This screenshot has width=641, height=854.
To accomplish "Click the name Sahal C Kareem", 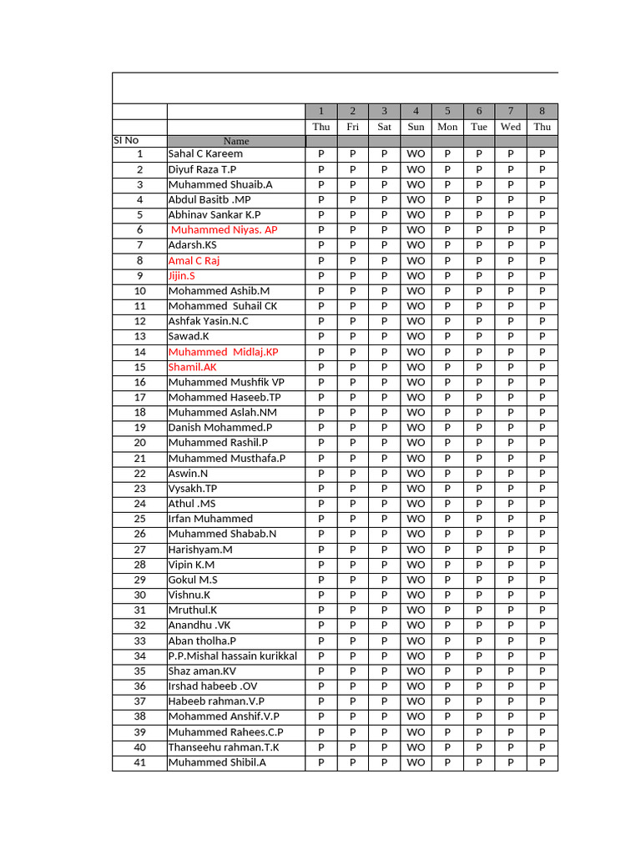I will [x=205, y=154].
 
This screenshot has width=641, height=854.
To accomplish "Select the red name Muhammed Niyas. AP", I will [x=224, y=230].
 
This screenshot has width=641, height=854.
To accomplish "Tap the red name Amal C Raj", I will [x=194, y=261].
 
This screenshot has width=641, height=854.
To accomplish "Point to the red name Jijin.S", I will [x=182, y=276].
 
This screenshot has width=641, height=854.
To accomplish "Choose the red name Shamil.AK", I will [x=192, y=367].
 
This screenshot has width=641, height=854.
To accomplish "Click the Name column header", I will [x=236, y=141].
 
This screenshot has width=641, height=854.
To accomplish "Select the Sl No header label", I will [x=127, y=140].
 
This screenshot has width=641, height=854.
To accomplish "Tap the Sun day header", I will [x=416, y=127].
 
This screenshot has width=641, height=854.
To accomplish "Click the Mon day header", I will [x=447, y=127].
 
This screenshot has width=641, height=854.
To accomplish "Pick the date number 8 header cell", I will [x=542, y=111].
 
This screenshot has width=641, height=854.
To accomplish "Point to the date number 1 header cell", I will [x=321, y=111].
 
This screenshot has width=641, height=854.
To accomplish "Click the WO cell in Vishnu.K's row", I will [x=416, y=595].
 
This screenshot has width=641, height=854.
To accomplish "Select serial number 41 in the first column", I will [x=139, y=762].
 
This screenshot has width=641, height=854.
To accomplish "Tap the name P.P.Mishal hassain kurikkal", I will [x=232, y=656].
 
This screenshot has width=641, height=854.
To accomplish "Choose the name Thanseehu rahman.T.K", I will [x=224, y=747].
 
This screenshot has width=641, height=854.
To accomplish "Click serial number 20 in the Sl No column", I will [x=139, y=443].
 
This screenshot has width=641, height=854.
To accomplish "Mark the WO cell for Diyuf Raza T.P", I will [x=416, y=169].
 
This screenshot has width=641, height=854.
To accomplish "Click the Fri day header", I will [x=353, y=127].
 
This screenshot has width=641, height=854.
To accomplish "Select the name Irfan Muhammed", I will [x=210, y=519].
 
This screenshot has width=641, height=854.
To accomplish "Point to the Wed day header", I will [x=511, y=127].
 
